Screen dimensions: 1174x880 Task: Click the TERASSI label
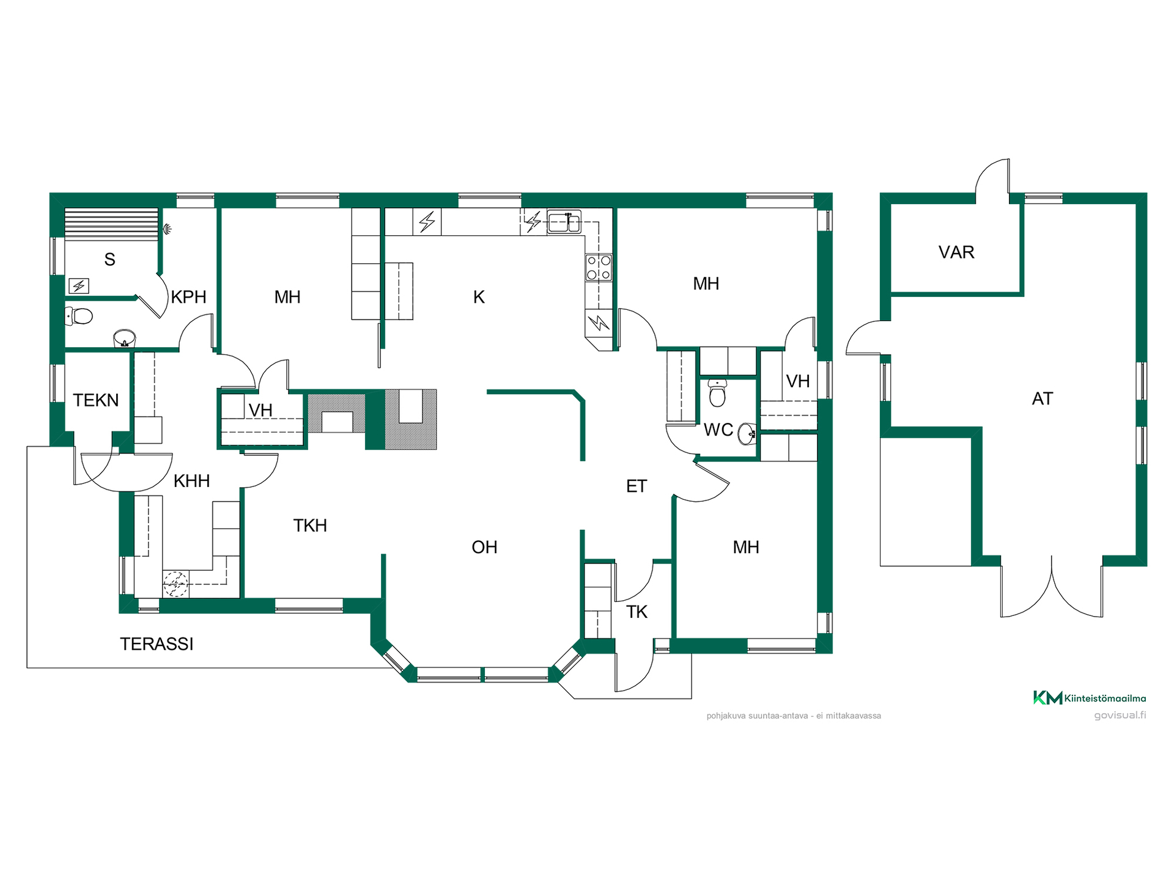(157, 644)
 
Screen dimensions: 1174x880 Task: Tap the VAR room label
(956, 252)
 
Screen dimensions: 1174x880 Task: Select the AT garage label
(1043, 399)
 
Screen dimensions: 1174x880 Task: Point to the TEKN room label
(96, 400)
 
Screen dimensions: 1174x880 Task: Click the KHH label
(191, 481)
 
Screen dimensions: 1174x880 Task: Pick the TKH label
(310, 526)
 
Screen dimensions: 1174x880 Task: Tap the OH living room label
(484, 547)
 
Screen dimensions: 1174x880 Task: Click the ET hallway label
(637, 486)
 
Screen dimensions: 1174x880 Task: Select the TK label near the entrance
(637, 612)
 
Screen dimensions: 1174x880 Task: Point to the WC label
(718, 430)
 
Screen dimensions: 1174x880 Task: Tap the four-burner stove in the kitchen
(599, 268)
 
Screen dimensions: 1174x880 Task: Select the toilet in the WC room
(717, 392)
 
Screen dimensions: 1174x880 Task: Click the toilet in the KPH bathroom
(78, 316)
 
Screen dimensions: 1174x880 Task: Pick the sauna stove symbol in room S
(79, 285)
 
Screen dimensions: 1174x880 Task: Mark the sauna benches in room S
(111, 224)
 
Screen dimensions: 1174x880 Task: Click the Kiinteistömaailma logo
(1090, 698)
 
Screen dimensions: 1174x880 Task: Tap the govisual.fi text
(1120, 715)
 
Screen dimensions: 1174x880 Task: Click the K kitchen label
(479, 297)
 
